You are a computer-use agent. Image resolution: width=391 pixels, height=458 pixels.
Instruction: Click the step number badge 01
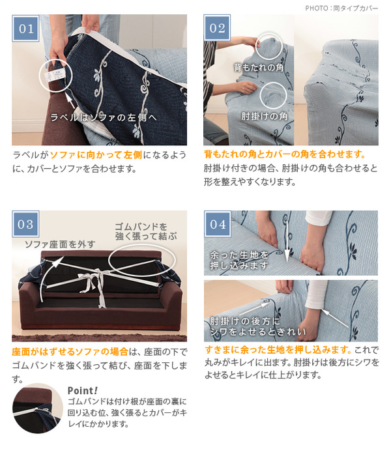point(25,28)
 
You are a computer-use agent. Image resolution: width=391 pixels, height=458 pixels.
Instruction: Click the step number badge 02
point(217,28)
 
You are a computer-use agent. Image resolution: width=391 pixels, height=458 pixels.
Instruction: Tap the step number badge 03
point(25,224)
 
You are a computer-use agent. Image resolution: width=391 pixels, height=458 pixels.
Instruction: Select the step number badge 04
point(218,224)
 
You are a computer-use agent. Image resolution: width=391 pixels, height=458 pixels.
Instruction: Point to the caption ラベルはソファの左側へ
point(104,117)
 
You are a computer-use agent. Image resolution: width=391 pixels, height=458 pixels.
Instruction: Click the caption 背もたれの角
point(259,68)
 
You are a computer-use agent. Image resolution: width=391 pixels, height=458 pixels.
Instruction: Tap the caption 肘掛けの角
point(265,116)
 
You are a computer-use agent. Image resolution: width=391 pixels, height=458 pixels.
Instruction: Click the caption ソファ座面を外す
point(60,244)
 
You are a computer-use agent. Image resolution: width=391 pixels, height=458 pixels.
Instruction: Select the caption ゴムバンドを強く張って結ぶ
point(146,231)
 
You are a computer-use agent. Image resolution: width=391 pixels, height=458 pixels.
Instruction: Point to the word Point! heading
point(82,390)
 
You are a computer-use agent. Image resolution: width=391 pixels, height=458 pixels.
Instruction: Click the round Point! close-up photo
point(37,408)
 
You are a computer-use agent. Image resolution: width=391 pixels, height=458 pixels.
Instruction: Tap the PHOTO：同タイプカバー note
point(341,8)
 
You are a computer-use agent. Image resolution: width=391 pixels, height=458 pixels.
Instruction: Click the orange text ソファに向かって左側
point(96,155)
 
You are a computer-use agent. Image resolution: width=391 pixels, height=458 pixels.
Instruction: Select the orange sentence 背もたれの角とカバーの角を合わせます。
point(285,154)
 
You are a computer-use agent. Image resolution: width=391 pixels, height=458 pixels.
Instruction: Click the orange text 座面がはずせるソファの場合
point(70,351)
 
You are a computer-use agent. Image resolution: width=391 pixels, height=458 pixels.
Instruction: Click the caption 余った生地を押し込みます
point(239,260)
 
